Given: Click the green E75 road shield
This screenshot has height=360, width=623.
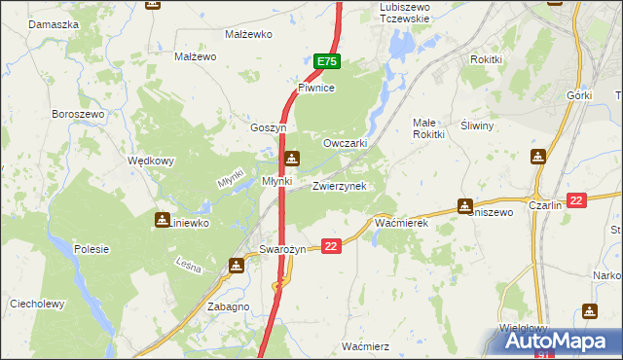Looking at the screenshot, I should point(326,61).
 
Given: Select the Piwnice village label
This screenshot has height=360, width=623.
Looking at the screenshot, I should point(316,88).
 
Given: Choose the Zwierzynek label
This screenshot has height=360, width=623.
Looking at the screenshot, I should point(339,186).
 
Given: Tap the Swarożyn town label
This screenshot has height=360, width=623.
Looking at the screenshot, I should point(282,249).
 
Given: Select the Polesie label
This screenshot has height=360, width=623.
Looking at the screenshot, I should point(92,249).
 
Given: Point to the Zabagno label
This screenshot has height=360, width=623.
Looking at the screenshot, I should point(229,306).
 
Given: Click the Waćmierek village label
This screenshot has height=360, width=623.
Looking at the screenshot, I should point(402,223).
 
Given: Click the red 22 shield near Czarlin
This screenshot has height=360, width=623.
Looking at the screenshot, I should point(577,200).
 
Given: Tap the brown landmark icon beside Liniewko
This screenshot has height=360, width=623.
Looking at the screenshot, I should point(162,221).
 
